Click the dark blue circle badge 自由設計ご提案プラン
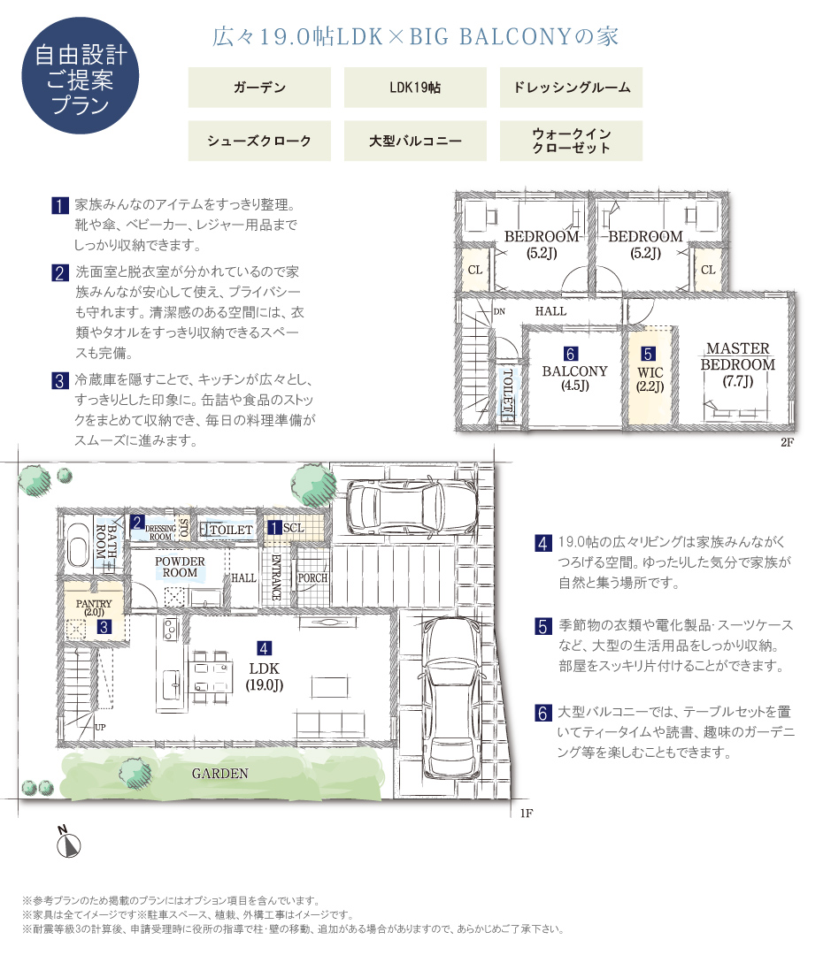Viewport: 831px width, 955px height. point(80,75)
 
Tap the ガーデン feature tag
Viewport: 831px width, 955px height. point(259,88)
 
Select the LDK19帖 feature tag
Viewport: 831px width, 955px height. point(415,88)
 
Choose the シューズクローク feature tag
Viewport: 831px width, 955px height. point(259,141)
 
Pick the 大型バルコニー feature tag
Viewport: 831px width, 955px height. point(415,141)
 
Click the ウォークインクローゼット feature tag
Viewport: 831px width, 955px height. point(572,141)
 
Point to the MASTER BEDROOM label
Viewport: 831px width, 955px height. point(738,356)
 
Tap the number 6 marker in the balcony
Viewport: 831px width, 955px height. point(570,354)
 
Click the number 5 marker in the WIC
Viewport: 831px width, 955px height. point(648,354)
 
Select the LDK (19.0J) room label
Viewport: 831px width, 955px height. point(265,676)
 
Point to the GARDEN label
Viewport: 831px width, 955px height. point(220,774)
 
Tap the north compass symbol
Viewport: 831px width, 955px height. point(67,843)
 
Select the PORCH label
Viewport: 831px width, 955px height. point(312,578)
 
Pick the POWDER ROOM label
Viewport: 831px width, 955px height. point(180,567)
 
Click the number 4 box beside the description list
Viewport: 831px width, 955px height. point(542,543)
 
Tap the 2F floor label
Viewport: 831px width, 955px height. point(787,442)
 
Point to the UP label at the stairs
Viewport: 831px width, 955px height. point(100,727)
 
